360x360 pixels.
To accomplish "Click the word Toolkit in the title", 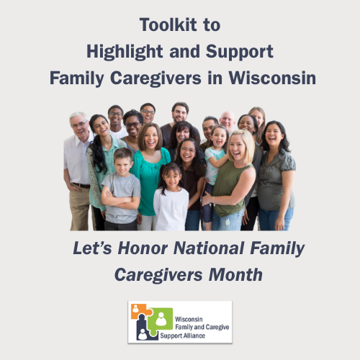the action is point(168,24).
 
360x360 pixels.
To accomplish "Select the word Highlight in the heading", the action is point(125,53).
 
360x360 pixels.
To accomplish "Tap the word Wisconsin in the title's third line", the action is point(272,78).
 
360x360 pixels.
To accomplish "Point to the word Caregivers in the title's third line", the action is point(156,79).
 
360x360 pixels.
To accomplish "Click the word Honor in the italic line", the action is point(143,248).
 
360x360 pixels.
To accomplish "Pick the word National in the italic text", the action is point(209,248).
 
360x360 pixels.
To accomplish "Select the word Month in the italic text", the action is point(235,274).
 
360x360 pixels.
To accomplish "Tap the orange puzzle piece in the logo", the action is point(140,312).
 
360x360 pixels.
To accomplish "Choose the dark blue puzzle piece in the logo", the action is point(143,329).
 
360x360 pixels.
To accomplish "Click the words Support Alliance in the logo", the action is point(183,336).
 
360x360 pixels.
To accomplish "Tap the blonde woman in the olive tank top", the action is point(232,180).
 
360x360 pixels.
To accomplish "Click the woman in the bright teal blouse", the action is point(150,173).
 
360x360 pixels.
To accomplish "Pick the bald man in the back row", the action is point(228,121).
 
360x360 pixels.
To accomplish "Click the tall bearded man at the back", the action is point(179,120).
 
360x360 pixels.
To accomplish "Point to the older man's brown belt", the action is point(81,185).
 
